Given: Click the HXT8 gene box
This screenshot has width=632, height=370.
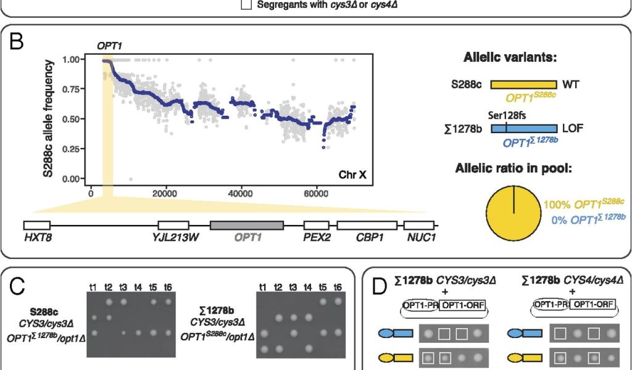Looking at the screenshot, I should pos(37,225).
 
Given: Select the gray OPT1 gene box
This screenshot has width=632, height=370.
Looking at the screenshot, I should pos(247,225).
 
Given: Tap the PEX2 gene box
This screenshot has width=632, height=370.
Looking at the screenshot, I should pos(316,225).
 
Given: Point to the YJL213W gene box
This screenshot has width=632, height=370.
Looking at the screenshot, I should pos(173,225).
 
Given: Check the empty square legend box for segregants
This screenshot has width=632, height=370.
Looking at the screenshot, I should pos(246,6).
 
